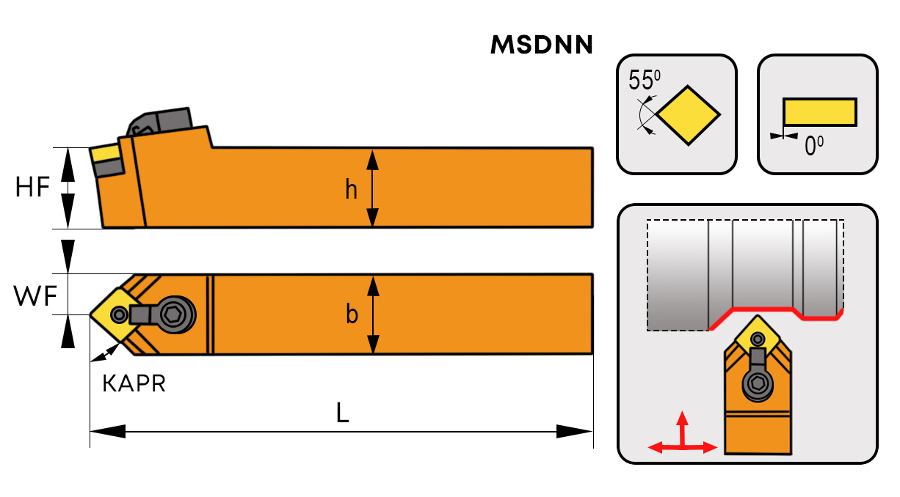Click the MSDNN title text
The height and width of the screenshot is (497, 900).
coord(541,46)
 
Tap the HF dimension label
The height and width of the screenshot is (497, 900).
coord(32,188)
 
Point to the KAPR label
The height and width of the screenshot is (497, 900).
coord(134,383)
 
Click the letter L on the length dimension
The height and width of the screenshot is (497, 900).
coord(342,414)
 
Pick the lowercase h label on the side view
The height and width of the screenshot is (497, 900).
coord(352,191)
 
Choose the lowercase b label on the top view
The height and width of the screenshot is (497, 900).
coord(352,314)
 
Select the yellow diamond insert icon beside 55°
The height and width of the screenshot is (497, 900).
coord(689,115)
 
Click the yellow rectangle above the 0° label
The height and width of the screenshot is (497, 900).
coord(819,111)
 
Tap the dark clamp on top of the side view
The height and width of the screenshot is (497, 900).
coord(163,121)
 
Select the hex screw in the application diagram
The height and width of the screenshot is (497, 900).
coord(756,382)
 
